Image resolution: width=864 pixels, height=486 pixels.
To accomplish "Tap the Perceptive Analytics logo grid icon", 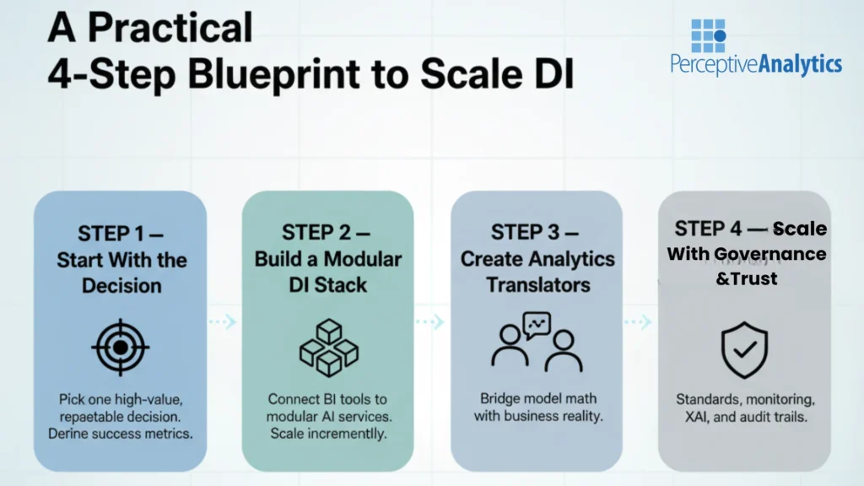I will pyautogui.click(x=708, y=35).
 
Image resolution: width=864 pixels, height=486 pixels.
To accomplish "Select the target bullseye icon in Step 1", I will pyautogui.click(x=120, y=347).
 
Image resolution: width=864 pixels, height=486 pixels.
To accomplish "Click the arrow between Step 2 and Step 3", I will pyautogui.click(x=431, y=321).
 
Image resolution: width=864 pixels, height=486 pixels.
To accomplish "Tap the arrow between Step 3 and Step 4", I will pyautogui.click(x=639, y=321).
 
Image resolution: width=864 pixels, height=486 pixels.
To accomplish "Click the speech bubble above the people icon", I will pyautogui.click(x=536, y=323).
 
